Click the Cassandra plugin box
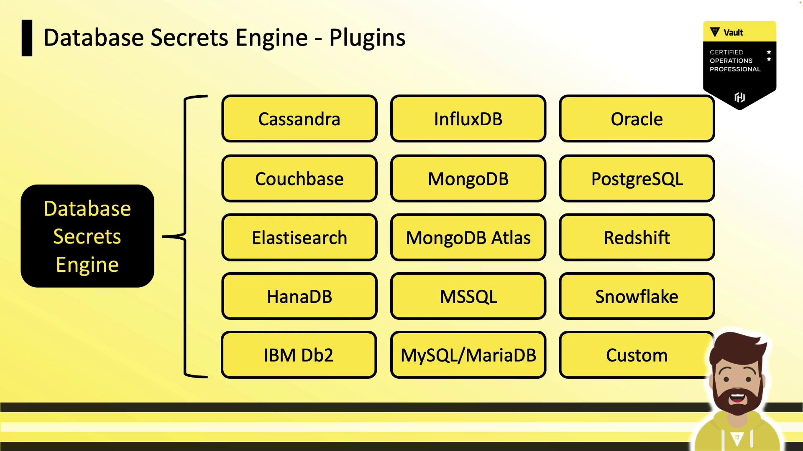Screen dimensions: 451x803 click(x=299, y=119)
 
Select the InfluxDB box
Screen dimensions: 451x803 click(x=468, y=119)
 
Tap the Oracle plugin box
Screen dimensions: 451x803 click(x=637, y=119)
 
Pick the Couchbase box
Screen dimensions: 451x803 click(x=299, y=179)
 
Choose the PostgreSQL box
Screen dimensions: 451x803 click(x=637, y=179)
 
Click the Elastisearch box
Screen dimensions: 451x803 click(x=299, y=238)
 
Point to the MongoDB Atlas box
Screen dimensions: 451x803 click(x=468, y=238)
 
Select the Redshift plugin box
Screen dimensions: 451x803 click(x=637, y=238)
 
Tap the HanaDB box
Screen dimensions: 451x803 click(x=299, y=296)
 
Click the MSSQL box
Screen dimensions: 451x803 click(x=468, y=296)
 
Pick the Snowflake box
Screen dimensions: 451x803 click(x=637, y=296)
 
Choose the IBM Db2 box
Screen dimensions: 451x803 click(x=299, y=355)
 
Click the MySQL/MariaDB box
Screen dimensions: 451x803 click(x=468, y=355)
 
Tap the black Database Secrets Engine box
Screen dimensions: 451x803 click(x=87, y=236)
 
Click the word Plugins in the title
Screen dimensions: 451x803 click(x=367, y=38)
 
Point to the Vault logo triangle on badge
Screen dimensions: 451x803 click(x=715, y=32)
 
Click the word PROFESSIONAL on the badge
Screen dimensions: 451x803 click(x=735, y=69)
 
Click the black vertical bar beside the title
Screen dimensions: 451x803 click(x=27, y=38)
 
